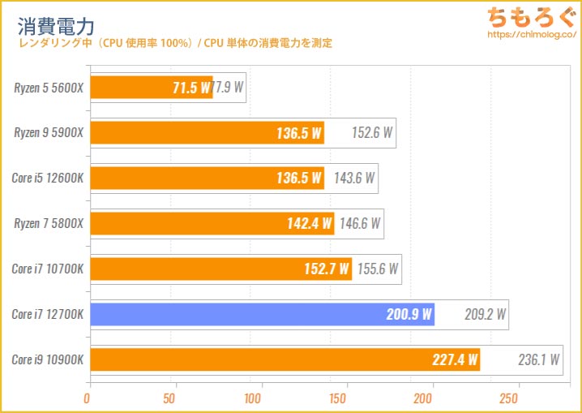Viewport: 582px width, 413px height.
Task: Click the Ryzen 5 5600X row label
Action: [49, 88]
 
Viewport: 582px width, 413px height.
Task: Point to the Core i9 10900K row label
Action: [48, 359]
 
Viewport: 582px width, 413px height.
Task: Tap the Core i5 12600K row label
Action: [48, 178]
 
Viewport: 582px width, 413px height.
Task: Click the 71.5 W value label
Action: [190, 88]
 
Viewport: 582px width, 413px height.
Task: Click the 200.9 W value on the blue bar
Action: [409, 314]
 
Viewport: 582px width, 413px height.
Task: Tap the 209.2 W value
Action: [485, 314]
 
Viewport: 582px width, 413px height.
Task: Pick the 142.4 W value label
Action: [309, 223]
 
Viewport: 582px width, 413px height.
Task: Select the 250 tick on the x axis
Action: [509, 398]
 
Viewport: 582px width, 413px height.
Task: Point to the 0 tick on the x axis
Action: [88, 398]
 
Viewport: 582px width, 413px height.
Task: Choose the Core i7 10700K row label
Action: [48, 269]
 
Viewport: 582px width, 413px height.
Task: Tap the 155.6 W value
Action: [377, 269]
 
